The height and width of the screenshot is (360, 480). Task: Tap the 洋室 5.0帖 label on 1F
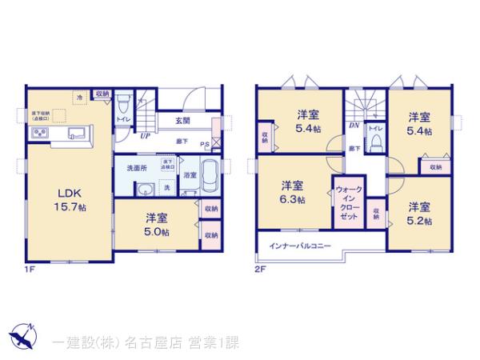click(155, 223)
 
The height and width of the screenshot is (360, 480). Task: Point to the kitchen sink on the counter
click(78, 133)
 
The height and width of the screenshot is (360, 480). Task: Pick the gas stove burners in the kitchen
click(39, 133)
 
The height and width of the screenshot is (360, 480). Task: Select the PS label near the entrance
click(205, 144)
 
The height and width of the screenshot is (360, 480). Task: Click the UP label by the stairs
click(145, 135)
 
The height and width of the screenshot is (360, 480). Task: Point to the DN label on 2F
click(353, 126)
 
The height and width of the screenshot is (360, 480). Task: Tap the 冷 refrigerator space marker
click(79, 97)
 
